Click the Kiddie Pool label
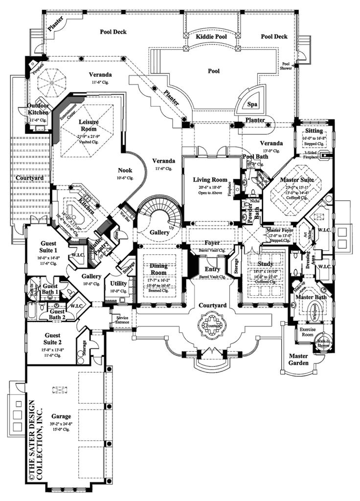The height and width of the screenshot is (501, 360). click(210, 37)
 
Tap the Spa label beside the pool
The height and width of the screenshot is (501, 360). click(252, 104)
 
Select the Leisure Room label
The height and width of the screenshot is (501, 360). click(89, 124)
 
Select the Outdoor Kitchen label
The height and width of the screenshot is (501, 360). click(37, 109)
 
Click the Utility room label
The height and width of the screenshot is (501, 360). click(118, 283)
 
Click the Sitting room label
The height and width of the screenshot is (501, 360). click(313, 131)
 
